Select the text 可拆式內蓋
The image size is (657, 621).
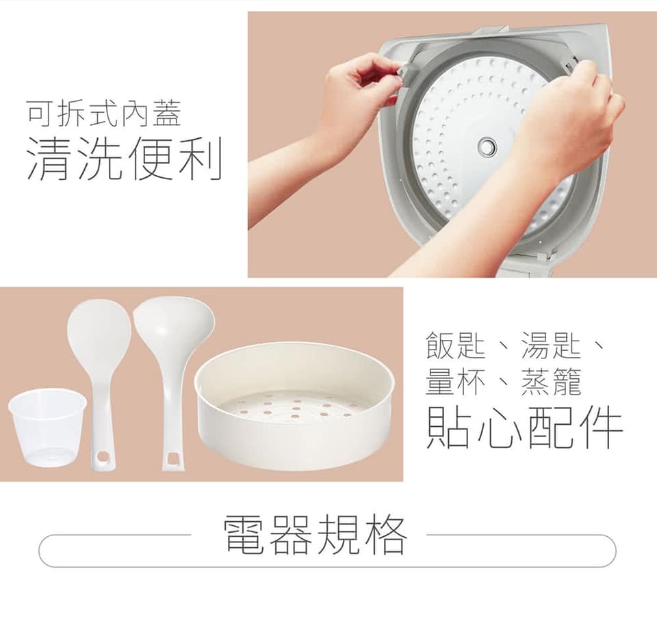(x=103, y=113)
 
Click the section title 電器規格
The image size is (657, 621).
(x=316, y=535)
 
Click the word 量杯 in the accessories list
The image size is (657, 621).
(x=455, y=382)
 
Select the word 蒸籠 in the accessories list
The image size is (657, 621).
(x=550, y=382)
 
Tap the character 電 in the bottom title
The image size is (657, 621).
(x=246, y=535)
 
